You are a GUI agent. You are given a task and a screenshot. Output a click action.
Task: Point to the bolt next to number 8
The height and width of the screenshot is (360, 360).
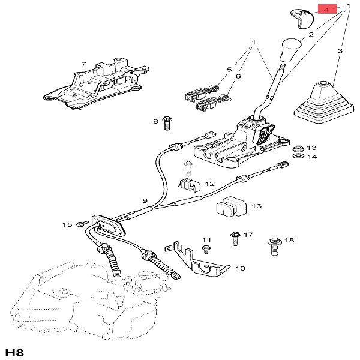point(167,124)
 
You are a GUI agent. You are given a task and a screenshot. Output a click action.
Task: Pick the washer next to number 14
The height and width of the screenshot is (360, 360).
point(296,157)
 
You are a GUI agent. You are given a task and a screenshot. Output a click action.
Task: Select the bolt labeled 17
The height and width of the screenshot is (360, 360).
point(235,238)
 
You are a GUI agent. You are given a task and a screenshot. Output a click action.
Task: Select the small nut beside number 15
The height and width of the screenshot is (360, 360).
point(80,224)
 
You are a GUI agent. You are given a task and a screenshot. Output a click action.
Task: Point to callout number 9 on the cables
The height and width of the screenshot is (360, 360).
point(145,200)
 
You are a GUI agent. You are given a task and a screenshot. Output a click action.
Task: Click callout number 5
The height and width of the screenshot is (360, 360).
point(229,70)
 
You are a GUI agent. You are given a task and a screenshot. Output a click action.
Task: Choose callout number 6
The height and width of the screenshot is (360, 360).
point(238,76)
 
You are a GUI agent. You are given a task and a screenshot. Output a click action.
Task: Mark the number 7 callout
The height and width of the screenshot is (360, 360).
point(83,64)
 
